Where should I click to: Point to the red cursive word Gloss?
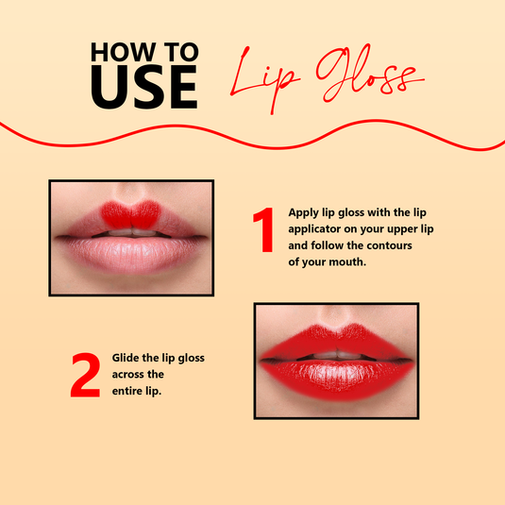pos(361,76)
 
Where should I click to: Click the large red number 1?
pos(264,232)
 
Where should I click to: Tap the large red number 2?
pos(86,375)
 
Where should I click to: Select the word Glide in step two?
pos(128,358)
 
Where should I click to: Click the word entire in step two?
pos(129,390)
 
